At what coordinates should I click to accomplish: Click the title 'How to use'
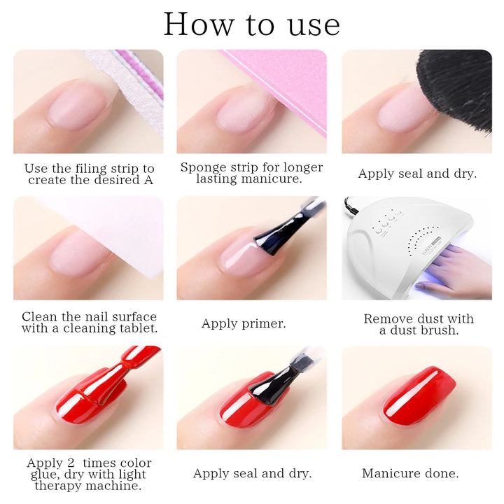click(x=251, y=24)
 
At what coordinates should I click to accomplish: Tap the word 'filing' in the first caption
click(x=98, y=169)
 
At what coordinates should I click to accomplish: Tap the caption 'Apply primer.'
click(x=244, y=323)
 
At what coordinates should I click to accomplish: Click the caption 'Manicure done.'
click(x=410, y=473)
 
